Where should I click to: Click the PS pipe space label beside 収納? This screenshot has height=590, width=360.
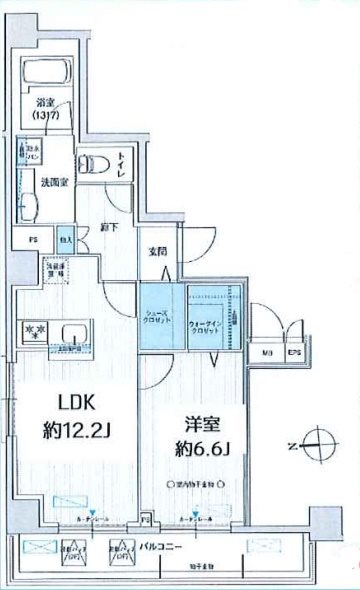click(x=32, y=239)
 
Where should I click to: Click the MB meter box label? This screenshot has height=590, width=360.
click(x=267, y=353)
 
